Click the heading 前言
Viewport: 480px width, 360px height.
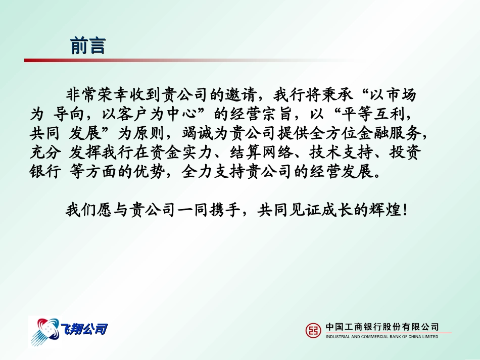(88, 46)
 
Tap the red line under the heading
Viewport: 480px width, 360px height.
(152, 61)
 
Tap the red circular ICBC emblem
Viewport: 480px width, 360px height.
(313, 330)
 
